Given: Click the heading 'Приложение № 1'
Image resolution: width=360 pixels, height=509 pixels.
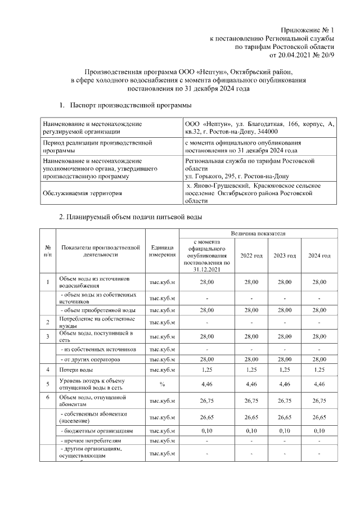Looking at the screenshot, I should [x=308, y=30].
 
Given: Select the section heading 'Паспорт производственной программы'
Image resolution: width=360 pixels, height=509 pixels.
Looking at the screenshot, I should [x=130, y=105].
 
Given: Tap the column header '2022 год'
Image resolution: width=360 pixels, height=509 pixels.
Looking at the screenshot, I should [x=251, y=256].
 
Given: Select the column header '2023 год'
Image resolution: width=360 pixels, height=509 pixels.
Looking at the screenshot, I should [x=285, y=256].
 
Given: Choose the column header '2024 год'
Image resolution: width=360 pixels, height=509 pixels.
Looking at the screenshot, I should [x=319, y=256].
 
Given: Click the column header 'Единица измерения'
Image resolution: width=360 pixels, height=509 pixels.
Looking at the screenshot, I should [x=162, y=251].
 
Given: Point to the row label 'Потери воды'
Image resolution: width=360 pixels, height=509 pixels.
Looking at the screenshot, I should [x=76, y=370].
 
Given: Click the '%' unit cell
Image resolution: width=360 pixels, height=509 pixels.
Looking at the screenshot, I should [x=162, y=385].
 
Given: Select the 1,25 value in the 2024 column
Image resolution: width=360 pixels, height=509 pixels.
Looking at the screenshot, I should [x=319, y=370].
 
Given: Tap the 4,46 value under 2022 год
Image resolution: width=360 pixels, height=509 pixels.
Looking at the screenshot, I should [x=251, y=385].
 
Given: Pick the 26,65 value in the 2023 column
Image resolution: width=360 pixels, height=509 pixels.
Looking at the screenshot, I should [x=285, y=417].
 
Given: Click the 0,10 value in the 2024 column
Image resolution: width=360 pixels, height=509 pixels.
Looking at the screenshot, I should [x=319, y=431].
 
